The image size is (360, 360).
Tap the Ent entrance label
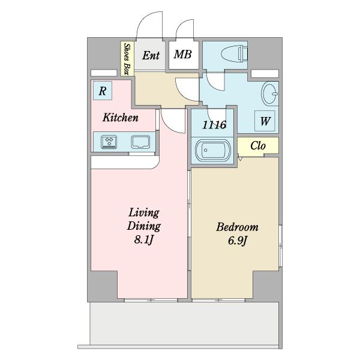[x=150, y=56]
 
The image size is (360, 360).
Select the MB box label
[x=182, y=55]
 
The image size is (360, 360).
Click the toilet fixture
[x=235, y=53]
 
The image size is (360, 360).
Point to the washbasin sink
[x=269, y=95]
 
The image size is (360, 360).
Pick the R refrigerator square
[x=103, y=92]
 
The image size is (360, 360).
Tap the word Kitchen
[x=120, y=118]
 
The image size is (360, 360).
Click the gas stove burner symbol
[x=109, y=142]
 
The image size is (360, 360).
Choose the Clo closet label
[x=257, y=146]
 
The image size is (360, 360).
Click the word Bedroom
[x=237, y=227]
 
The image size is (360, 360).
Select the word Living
[x=144, y=213]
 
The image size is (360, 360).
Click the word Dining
[x=144, y=226]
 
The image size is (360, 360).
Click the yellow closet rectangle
[x=257, y=146]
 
